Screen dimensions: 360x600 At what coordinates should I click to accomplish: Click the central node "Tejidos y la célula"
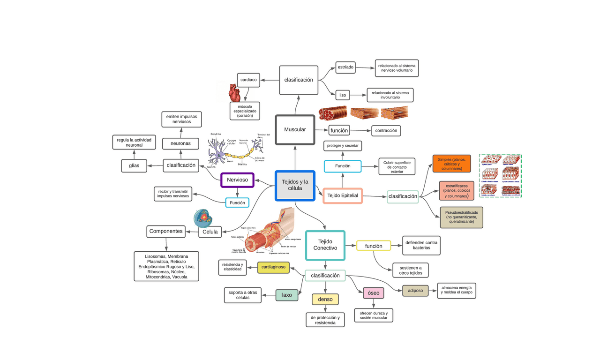point(295,186)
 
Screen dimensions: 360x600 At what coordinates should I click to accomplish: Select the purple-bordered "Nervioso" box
point(237,180)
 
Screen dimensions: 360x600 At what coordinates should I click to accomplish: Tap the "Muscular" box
point(295,129)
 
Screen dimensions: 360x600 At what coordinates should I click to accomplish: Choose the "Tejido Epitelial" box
point(342,195)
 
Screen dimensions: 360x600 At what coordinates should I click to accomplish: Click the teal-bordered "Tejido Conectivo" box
point(325,245)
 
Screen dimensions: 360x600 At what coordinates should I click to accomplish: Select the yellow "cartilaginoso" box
point(273,267)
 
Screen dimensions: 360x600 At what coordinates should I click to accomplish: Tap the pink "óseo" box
point(373,293)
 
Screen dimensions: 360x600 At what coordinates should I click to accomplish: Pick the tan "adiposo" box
point(415,291)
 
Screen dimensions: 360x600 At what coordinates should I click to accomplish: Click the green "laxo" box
point(286,295)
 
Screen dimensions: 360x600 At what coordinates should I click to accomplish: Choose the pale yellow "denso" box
point(325,299)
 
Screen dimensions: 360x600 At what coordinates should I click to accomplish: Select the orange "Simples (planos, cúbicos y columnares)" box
point(451,164)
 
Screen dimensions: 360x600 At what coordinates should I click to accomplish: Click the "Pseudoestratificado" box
point(461,217)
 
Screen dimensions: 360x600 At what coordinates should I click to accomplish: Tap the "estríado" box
point(345,67)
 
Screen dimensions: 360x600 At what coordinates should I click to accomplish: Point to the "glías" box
point(134,165)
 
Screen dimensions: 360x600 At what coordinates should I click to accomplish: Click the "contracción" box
point(386,130)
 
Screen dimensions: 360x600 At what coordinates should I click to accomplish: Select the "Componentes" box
point(166,231)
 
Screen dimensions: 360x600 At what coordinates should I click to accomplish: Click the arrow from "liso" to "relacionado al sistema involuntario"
point(358,95)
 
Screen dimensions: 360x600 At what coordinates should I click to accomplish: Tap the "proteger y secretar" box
point(343,146)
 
